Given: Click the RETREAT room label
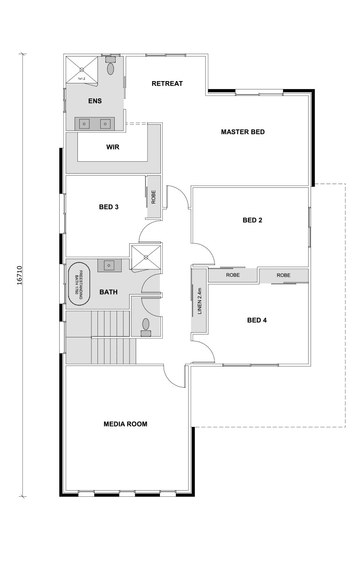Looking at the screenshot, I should click(x=167, y=84).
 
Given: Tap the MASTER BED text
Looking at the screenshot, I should click(x=242, y=132).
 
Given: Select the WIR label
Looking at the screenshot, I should click(x=113, y=147).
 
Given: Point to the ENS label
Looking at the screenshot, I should click(x=95, y=101).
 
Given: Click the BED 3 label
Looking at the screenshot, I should click(x=109, y=207).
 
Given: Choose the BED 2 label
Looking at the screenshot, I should click(x=252, y=220).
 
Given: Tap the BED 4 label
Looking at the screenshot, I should click(x=256, y=320).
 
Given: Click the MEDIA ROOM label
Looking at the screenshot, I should click(x=125, y=424).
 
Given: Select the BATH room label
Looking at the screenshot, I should click(x=108, y=292).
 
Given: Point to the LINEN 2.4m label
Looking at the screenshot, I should click(x=199, y=300).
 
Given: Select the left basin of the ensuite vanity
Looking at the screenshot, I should click(x=85, y=124).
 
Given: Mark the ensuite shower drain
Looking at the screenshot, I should click(x=82, y=70).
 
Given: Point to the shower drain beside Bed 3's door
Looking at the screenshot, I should click(x=145, y=257).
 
